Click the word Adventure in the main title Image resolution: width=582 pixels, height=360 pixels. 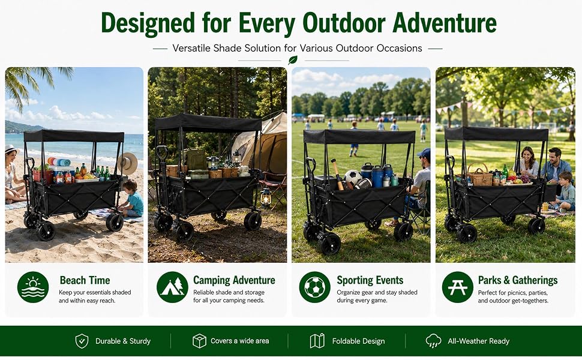point(444,23)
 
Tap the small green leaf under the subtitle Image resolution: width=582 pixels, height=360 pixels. point(293,60)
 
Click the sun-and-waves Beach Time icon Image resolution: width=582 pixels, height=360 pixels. point(33,287)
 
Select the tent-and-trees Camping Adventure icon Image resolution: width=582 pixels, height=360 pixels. point(172,287)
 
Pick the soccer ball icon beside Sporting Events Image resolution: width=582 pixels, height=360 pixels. point(315,287)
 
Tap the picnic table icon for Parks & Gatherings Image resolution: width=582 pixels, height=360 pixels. point(458,287)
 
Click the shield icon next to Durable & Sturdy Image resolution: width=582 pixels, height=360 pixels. point(82,341)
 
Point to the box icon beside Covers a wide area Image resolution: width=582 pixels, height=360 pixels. point(199,341)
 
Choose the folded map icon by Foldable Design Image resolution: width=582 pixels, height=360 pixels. point(317,341)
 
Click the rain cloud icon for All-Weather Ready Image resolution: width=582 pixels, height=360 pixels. point(434,341)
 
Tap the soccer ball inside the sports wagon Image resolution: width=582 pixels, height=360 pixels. point(353,177)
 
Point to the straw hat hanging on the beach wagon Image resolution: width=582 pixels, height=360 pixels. point(128,163)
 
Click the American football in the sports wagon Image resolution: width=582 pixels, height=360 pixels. point(362,184)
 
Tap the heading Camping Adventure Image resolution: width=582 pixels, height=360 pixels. point(234,280)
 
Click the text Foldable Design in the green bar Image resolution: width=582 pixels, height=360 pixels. point(358,341)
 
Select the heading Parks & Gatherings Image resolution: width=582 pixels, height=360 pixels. point(517,280)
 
